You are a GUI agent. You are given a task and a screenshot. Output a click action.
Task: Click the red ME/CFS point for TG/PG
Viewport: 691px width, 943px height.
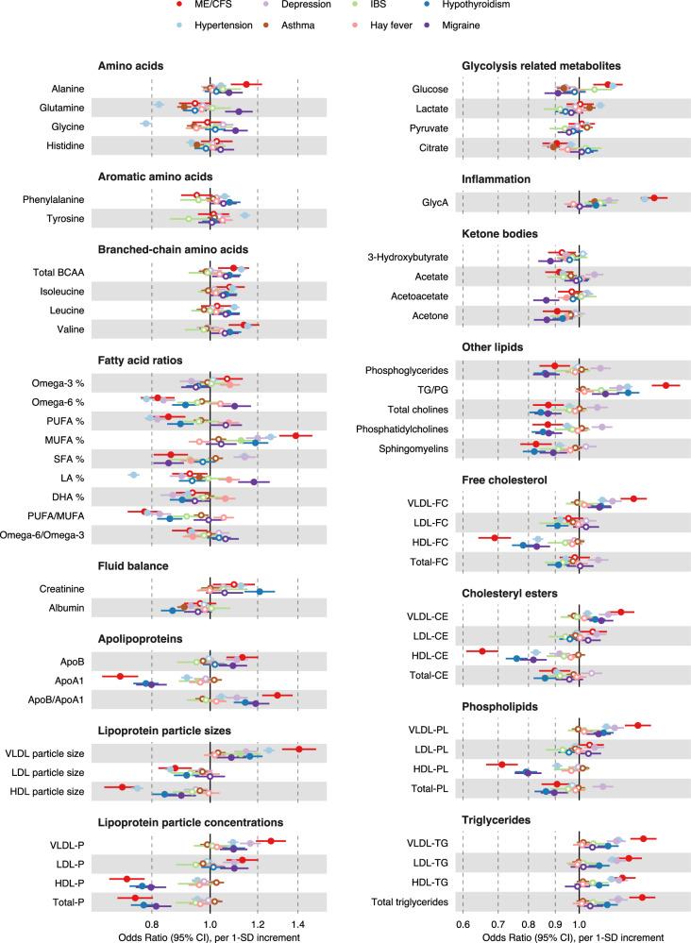click(x=666, y=385)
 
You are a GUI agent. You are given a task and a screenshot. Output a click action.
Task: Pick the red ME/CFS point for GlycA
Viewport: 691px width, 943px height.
click(x=653, y=198)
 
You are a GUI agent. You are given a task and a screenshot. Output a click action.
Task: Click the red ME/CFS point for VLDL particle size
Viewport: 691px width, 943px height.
click(x=299, y=749)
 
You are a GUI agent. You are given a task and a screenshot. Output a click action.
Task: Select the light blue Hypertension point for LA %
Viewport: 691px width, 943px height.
click(x=133, y=475)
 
